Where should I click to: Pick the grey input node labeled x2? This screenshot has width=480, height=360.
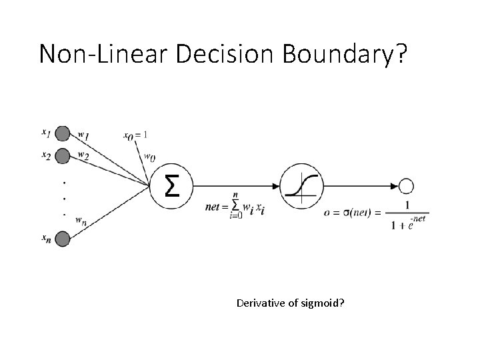click(x=62, y=156)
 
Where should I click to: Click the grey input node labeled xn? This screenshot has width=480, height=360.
click(x=62, y=238)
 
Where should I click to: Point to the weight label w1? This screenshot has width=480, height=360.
click(x=83, y=135)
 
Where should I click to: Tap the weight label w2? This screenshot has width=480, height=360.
click(x=83, y=155)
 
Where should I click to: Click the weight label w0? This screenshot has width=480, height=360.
click(x=151, y=158)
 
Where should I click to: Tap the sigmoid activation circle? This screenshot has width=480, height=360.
click(x=301, y=186)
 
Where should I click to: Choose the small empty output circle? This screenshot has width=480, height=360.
click(x=406, y=186)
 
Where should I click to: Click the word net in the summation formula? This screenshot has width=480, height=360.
click(x=215, y=207)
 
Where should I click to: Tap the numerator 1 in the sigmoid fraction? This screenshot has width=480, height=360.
click(x=407, y=205)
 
